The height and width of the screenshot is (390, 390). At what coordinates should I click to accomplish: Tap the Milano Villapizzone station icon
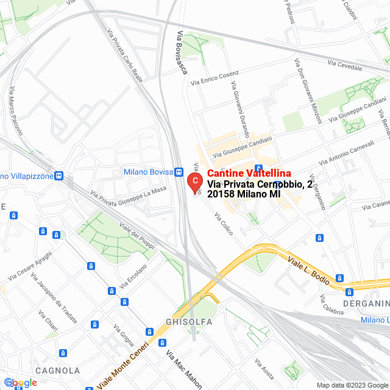58,176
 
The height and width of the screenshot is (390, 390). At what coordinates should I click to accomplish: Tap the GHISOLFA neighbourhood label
188,321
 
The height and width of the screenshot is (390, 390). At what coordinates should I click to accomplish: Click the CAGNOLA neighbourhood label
57,370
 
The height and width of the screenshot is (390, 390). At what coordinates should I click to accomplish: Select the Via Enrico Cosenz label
214,77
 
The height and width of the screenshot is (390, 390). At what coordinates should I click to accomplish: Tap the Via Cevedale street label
345,63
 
